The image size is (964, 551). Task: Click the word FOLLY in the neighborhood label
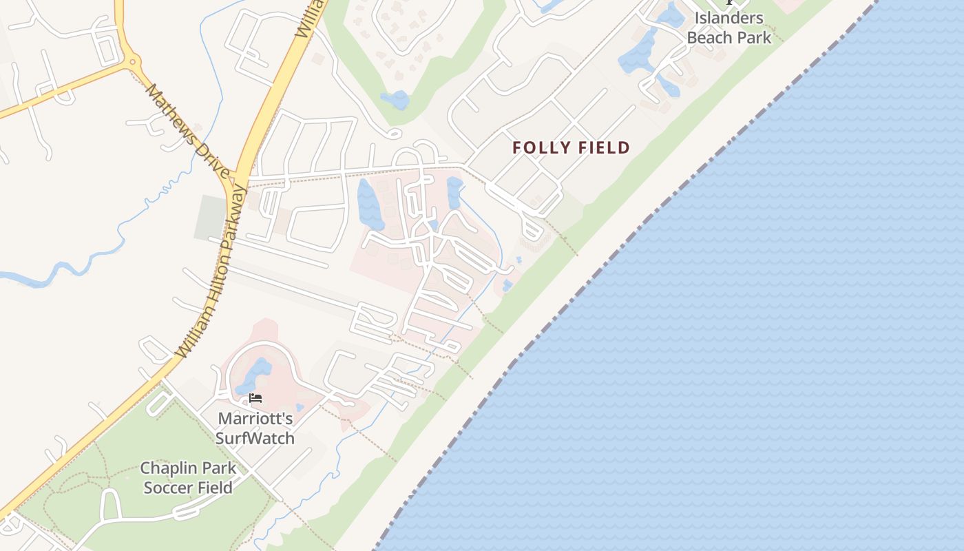538,147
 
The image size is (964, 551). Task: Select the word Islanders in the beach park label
729,19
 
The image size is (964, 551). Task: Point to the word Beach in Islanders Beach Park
709,38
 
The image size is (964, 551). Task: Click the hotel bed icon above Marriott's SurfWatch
255,398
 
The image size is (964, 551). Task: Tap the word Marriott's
255,419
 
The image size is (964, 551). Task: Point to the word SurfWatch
255,438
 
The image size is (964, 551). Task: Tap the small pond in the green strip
395,101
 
